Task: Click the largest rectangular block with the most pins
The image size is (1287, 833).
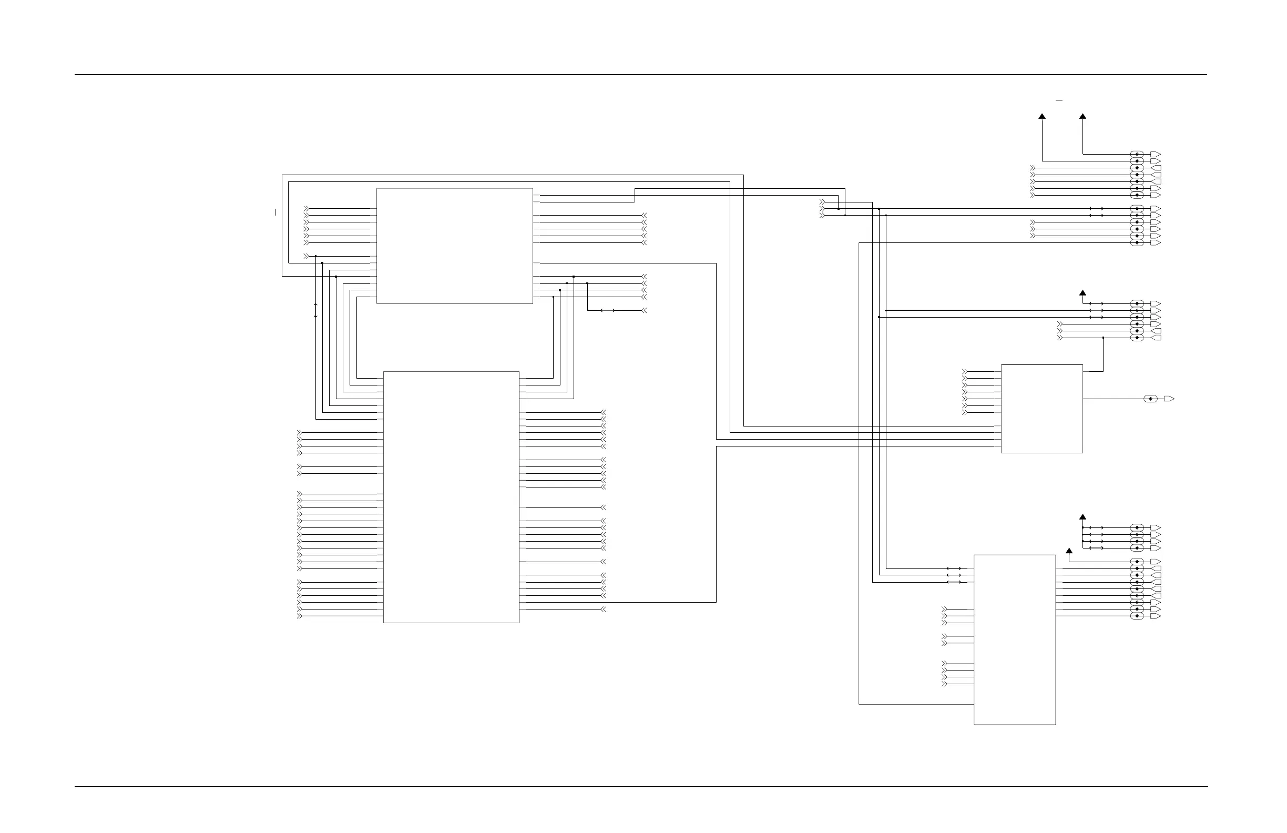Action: coord(451,496)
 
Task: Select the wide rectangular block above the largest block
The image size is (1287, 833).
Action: coord(454,246)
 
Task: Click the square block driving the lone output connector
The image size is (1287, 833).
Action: coord(1041,409)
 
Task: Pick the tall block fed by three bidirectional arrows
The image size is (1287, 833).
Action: coord(1015,639)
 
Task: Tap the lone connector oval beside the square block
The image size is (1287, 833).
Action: coord(1150,399)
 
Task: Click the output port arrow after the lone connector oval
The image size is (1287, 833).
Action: coord(1169,399)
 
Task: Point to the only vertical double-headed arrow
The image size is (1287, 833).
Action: coord(316,310)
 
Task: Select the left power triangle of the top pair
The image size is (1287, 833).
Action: coord(1042,116)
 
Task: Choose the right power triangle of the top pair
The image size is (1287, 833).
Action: coord(1082,116)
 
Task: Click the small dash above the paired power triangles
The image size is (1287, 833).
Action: coord(1059,100)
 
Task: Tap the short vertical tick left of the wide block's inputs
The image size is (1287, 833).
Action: coord(275,212)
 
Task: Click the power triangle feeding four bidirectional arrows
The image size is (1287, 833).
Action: coord(1082,517)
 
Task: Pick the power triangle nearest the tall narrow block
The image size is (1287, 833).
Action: coord(1069,551)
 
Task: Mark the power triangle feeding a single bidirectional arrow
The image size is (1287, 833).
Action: coord(1082,293)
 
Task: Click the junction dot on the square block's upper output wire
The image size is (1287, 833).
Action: coord(1103,338)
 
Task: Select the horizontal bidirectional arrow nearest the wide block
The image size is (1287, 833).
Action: coord(608,310)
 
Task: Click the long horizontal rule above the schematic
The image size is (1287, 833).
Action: coord(640,75)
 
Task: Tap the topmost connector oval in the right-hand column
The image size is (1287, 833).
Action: coord(1137,154)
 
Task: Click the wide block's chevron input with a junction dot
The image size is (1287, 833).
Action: coord(307,256)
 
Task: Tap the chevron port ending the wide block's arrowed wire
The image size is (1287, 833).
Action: coord(643,310)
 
